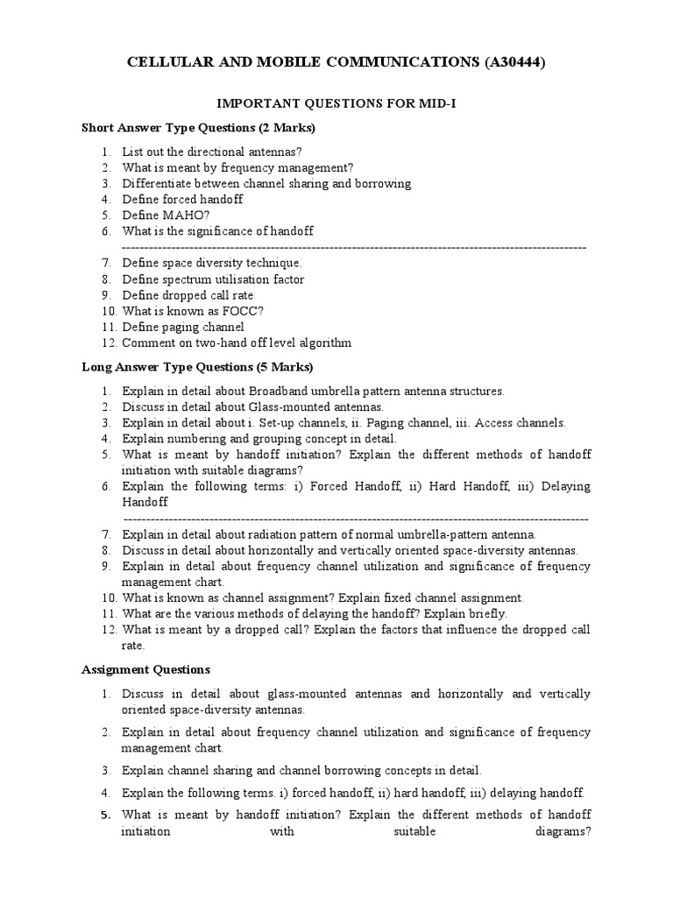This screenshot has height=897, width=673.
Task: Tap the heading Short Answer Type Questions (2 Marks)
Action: (x=199, y=128)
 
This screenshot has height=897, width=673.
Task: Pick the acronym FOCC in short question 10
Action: (x=241, y=311)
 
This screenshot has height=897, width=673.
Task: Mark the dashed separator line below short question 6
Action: (x=353, y=248)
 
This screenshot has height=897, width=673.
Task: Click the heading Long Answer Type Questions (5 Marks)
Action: (x=197, y=367)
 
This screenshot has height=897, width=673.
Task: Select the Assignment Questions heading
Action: (x=145, y=670)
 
